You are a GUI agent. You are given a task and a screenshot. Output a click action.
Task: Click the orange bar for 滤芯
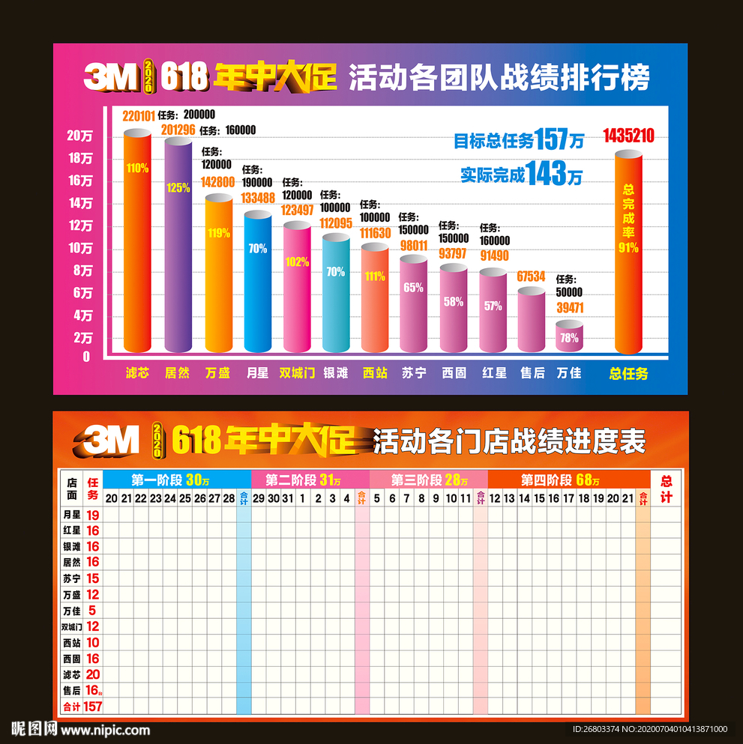point(137,240)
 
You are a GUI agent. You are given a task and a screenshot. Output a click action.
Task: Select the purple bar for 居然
point(178,247)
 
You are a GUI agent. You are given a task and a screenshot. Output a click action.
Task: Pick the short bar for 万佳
point(569,337)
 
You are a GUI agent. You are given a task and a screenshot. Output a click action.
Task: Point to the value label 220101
point(139,115)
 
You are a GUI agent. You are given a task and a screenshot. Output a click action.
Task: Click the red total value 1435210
point(628,136)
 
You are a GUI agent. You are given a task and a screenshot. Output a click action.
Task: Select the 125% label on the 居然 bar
point(178,187)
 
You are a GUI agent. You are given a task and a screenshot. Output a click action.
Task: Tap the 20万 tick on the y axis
point(79,136)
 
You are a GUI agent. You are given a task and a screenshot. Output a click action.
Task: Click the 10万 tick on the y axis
point(79,248)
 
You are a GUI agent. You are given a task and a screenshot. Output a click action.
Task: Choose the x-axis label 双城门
point(297,372)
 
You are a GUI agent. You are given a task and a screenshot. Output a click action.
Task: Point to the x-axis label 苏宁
point(413,372)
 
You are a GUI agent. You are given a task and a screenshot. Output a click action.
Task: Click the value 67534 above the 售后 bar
point(530,276)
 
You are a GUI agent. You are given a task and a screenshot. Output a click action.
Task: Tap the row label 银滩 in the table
point(72,547)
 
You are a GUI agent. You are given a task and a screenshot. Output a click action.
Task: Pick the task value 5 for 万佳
point(92,611)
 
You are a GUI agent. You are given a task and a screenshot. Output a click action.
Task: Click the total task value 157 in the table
point(92,706)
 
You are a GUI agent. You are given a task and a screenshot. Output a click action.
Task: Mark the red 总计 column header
point(666,488)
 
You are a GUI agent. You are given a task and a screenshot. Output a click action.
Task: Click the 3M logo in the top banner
point(111,76)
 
